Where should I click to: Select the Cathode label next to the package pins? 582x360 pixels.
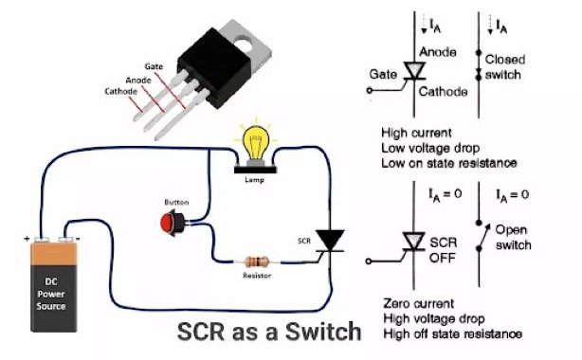click(x=120, y=92)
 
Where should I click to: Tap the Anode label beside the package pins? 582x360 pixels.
click(x=138, y=80)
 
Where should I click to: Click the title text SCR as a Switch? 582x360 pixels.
click(x=270, y=332)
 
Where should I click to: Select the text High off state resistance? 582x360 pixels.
click(x=452, y=333)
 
